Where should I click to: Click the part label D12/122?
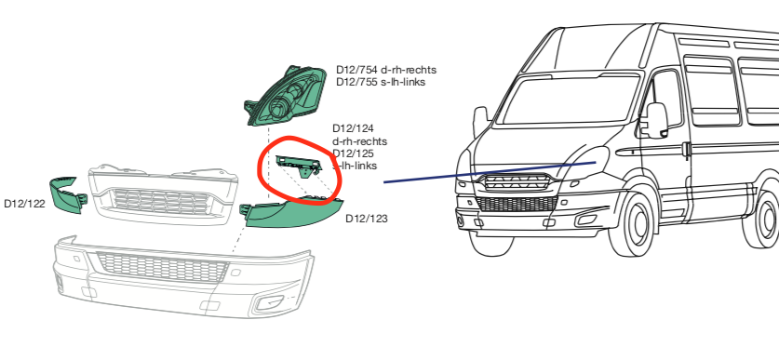24,202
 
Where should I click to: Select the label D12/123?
366,220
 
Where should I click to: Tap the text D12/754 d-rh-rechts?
386,70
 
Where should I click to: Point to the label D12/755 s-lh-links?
381,82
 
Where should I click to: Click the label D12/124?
353,128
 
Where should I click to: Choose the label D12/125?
353,153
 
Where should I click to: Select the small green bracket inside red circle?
298,166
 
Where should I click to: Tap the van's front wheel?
638,224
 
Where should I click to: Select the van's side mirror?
657,119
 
